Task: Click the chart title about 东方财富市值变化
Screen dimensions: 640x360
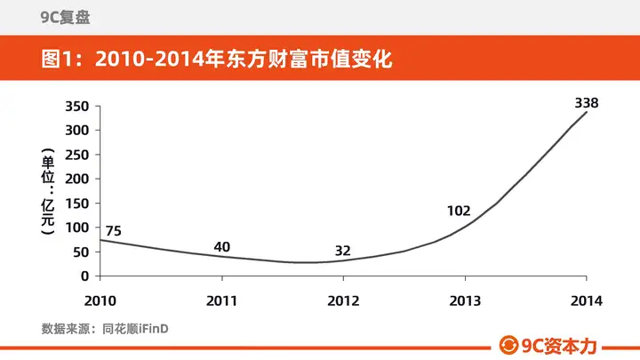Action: [x=217, y=59]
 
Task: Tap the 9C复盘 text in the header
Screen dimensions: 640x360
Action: [x=65, y=17]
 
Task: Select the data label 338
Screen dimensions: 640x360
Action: [x=587, y=103]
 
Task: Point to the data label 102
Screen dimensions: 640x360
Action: [x=459, y=211]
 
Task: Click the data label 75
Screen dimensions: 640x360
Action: [x=114, y=231]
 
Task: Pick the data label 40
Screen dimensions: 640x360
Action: [x=222, y=247]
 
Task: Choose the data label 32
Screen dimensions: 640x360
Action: [x=343, y=251]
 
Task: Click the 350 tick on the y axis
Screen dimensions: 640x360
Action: [x=77, y=106]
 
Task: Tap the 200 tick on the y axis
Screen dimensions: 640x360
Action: [x=77, y=179]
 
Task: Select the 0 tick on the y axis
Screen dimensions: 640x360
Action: [x=85, y=276]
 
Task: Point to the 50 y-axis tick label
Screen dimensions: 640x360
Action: [x=81, y=252]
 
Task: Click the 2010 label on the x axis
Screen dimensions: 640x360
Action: [x=100, y=300]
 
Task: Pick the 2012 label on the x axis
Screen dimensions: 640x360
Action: [x=343, y=300]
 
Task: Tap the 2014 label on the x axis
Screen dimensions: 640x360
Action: [x=587, y=300]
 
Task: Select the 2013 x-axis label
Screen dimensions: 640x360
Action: [x=465, y=300]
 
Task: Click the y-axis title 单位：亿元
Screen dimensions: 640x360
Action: [x=48, y=191]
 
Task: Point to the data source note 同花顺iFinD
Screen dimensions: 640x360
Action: [x=135, y=329]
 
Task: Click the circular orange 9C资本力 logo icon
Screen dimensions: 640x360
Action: [x=508, y=345]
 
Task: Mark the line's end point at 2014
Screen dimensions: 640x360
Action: [x=587, y=112]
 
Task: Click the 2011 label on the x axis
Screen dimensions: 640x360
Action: [x=221, y=300]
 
